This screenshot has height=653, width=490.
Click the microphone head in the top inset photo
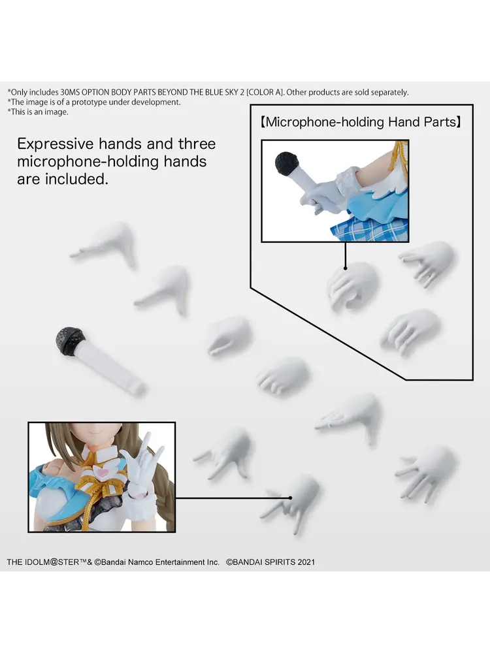[286, 164]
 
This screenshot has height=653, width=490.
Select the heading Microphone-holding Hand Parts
[361, 122]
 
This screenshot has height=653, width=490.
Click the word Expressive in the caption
[56, 144]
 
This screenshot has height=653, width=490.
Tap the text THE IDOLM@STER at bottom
[43, 562]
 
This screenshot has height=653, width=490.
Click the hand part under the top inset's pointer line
[351, 286]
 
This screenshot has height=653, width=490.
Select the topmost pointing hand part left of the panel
[106, 244]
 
